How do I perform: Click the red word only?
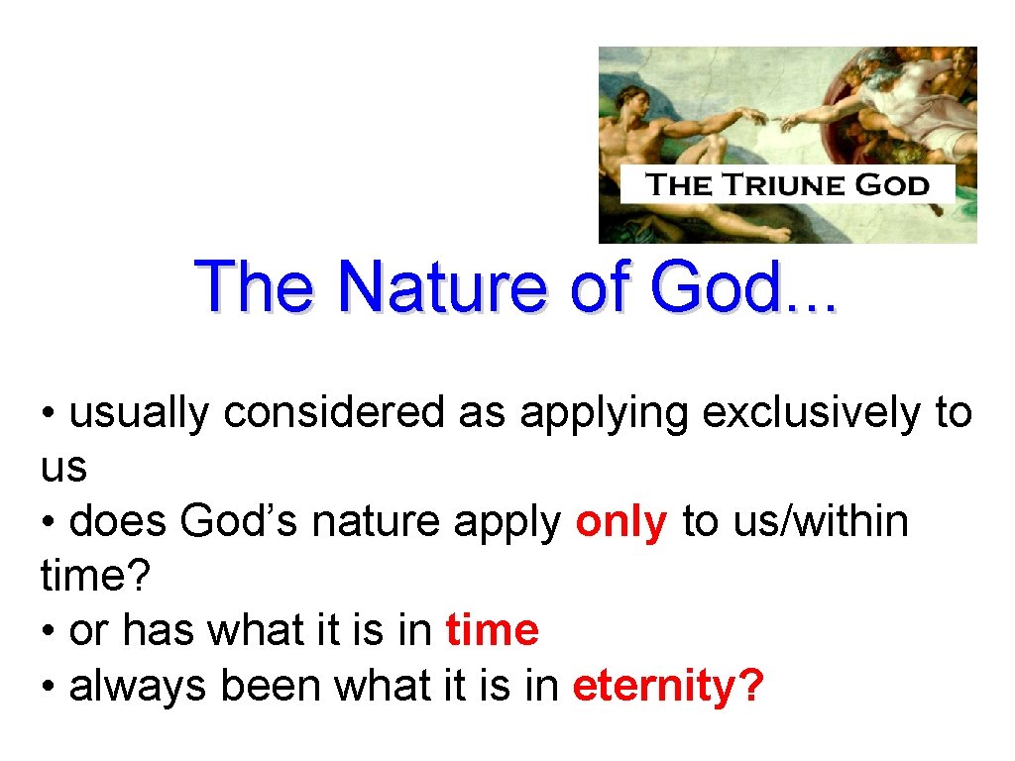621,521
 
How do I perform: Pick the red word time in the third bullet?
493,630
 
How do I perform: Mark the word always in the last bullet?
140,686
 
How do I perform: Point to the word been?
270,686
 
